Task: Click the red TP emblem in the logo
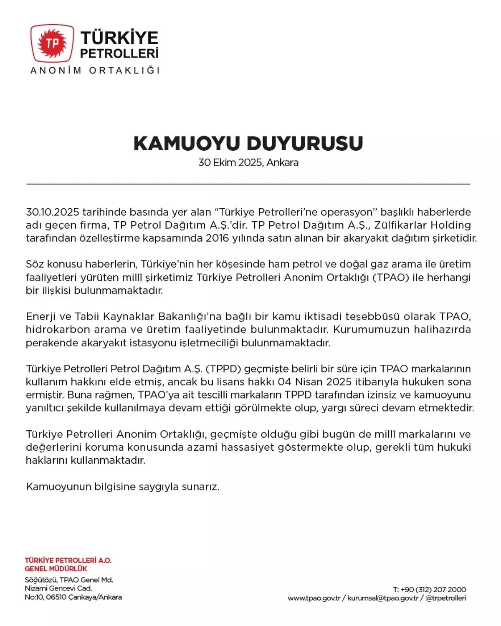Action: click(52, 43)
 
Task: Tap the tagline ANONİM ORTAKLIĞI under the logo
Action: click(95, 70)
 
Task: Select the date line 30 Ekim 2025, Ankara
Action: click(248, 162)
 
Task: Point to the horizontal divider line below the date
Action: click(248, 184)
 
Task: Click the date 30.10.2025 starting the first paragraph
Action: click(52, 212)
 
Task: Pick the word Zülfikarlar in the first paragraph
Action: click(394, 225)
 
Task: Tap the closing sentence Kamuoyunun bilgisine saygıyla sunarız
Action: click(122, 487)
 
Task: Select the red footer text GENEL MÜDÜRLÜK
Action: click(56, 569)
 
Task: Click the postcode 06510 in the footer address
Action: click(56, 597)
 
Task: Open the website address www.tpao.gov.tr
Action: click(314, 598)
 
